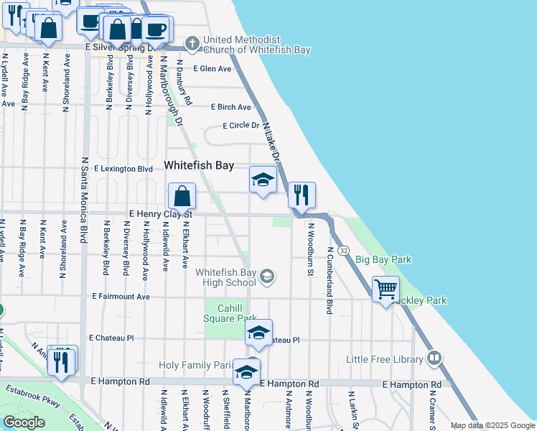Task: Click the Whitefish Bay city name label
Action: [199, 165]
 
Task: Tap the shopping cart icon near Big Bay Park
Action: [386, 289]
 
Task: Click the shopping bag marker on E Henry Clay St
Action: [182, 195]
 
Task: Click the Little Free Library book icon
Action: [434, 358]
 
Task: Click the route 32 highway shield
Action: [345, 250]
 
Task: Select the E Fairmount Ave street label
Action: [121, 296]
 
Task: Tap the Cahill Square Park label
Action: [227, 313]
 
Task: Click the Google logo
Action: [24, 422]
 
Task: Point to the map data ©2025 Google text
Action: [492, 425]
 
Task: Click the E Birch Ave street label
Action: [231, 107]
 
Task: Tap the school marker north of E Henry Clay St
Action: [263, 180]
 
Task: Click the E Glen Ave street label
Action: [212, 69]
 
